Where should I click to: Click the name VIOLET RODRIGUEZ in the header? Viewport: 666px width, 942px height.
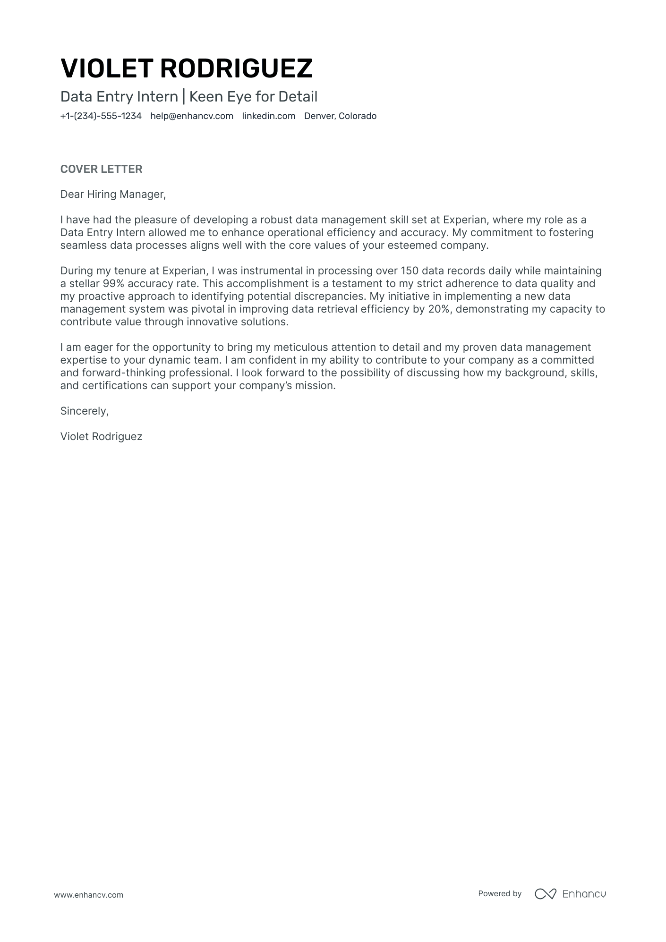coord(187,68)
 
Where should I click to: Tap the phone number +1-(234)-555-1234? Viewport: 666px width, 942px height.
coord(101,116)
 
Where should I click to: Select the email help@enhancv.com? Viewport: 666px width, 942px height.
coord(192,116)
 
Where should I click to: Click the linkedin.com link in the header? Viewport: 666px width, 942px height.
coord(269,116)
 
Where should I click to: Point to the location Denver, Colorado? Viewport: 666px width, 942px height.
coord(340,116)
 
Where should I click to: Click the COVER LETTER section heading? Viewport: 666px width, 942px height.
coord(101,169)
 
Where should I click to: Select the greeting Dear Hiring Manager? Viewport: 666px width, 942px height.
coord(113,194)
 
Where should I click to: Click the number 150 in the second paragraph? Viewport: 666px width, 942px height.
coord(410,271)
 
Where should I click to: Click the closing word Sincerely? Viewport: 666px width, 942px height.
coord(84,411)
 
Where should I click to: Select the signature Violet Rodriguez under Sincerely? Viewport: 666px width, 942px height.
coord(101,436)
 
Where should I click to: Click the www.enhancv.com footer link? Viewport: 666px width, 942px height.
coord(88,895)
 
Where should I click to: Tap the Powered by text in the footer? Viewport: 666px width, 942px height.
coord(500,893)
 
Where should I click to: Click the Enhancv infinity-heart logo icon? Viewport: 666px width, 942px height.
coord(545,894)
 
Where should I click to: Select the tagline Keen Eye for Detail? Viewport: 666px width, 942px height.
coord(253,97)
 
